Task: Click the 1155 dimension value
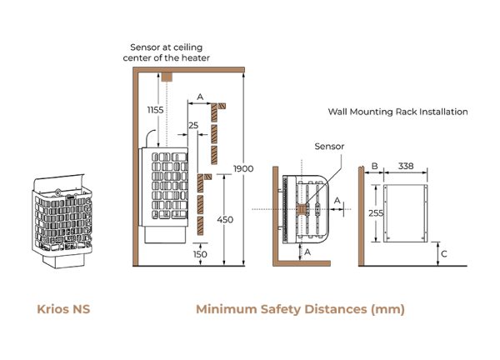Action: tap(156, 109)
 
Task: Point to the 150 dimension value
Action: tap(200, 254)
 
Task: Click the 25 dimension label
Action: tap(193, 126)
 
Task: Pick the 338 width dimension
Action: tap(406, 167)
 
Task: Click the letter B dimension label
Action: tap(374, 167)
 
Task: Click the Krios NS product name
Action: tap(63, 309)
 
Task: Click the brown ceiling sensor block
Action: tap(166, 75)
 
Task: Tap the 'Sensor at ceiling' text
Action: tap(165, 47)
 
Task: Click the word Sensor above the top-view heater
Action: tap(328, 146)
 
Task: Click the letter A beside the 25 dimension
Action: tap(200, 97)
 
